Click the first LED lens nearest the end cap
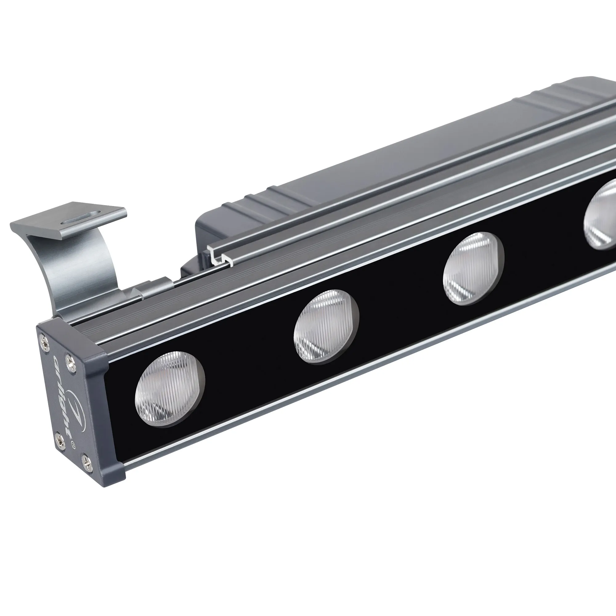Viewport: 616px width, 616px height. [x=170, y=389]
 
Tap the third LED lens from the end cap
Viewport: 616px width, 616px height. [x=473, y=269]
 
